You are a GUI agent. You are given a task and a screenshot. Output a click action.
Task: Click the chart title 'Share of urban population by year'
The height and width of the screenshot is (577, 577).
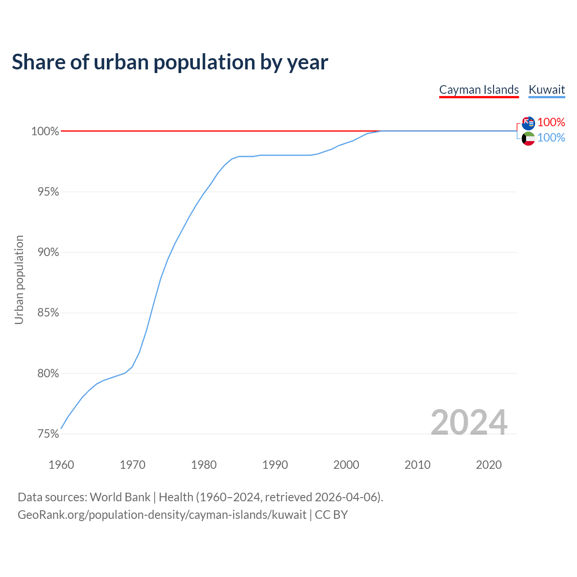[169, 62]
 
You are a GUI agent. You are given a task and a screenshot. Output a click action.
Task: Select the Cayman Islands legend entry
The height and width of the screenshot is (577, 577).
[479, 90]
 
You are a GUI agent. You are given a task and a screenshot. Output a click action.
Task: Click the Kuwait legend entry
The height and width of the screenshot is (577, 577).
[546, 90]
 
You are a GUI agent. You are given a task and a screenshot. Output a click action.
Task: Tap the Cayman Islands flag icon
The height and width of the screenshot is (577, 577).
[528, 123]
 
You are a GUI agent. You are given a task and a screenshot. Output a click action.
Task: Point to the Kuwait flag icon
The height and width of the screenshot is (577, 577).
[528, 138]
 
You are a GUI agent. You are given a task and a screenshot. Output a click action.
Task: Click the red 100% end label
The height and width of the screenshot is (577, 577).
[551, 122]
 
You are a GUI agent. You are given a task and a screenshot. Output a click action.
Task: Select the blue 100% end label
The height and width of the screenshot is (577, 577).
[551, 137]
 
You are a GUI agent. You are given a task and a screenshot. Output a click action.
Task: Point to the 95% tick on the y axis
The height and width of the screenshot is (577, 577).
[48, 192]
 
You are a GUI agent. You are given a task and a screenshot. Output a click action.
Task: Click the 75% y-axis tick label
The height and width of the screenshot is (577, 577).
[48, 434]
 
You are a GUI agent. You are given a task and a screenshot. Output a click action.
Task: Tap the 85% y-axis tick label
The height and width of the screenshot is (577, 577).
[48, 313]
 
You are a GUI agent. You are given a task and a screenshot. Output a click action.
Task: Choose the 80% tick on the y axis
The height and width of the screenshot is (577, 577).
[48, 373]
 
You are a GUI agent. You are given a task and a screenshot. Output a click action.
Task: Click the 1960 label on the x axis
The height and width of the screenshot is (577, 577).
[61, 465]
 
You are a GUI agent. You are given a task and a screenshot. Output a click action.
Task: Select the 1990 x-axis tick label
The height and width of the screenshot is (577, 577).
[275, 465]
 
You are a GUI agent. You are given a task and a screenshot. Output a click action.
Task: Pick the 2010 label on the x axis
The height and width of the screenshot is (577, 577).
[417, 465]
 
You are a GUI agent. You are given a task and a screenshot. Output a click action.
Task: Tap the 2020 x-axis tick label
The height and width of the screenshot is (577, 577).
[489, 465]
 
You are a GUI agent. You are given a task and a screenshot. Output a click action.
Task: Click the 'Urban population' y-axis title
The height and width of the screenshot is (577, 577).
[19, 279]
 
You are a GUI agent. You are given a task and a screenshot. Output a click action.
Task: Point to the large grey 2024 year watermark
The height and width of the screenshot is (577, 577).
[469, 422]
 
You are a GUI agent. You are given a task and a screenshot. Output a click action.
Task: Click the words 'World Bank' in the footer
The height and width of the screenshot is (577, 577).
[120, 497]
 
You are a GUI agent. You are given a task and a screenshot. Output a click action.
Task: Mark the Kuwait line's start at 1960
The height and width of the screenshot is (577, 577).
[61, 428]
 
